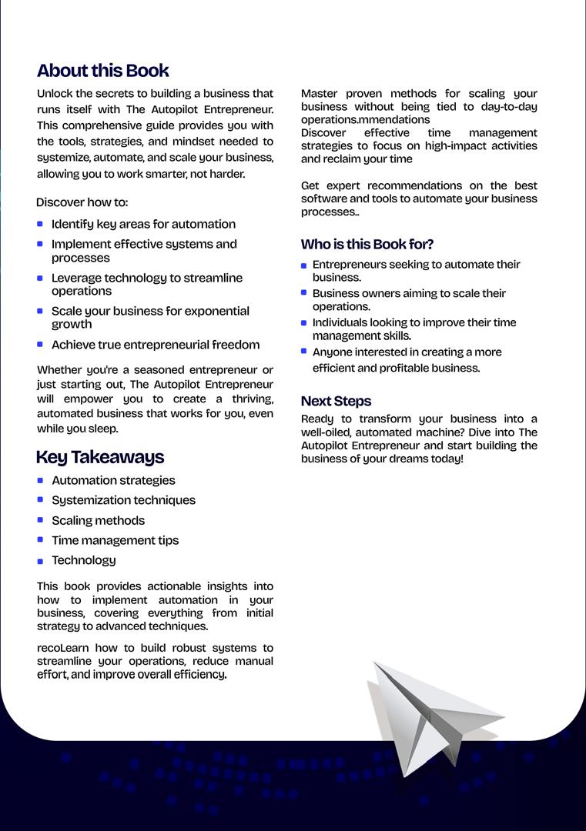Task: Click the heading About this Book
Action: (103, 71)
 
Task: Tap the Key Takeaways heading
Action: (100, 457)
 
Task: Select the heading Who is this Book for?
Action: (367, 245)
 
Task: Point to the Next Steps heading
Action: (336, 402)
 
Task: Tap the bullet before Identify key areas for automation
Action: (40, 224)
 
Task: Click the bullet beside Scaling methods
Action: (40, 520)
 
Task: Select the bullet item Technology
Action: (84, 560)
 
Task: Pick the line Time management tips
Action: (115, 540)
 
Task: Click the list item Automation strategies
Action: (113, 480)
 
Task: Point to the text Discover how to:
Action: (82, 202)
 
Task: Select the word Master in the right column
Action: (319, 94)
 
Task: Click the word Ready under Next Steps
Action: (317, 419)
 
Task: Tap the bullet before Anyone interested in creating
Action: (304, 352)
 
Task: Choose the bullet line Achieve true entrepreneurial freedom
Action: (156, 345)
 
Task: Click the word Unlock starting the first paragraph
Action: (55, 94)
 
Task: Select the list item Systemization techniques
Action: (123, 500)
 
